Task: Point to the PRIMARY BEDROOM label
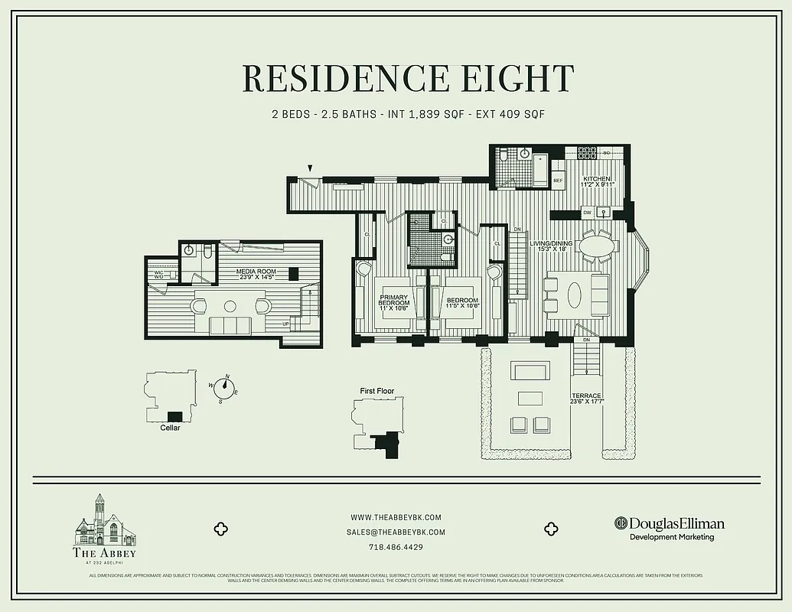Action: (394, 301)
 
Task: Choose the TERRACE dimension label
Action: (586, 401)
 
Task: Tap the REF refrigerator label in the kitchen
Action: (558, 181)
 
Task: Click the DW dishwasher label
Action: (587, 213)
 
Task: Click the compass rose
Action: (227, 388)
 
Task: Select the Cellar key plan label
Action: (171, 428)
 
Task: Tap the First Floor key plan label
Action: (377, 391)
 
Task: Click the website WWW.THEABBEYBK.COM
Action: (396, 518)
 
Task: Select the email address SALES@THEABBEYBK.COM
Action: (396, 532)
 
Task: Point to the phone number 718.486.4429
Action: (396, 548)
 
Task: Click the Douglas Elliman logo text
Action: (676, 524)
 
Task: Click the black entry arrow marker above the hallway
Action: (311, 168)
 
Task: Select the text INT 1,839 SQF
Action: (424, 114)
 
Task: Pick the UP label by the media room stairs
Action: (286, 324)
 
